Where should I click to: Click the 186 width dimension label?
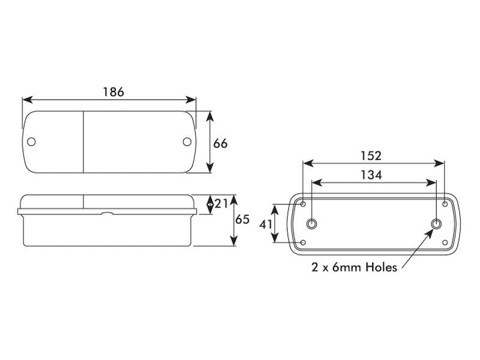[113, 92]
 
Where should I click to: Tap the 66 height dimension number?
[220, 143]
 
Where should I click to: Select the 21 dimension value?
[221, 203]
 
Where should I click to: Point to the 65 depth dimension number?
[242, 219]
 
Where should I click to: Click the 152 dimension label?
[371, 156]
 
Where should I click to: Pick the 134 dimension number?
[371, 175]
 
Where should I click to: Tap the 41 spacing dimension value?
[265, 224]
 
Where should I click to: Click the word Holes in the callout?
[382, 267]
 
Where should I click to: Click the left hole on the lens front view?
[31, 142]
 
